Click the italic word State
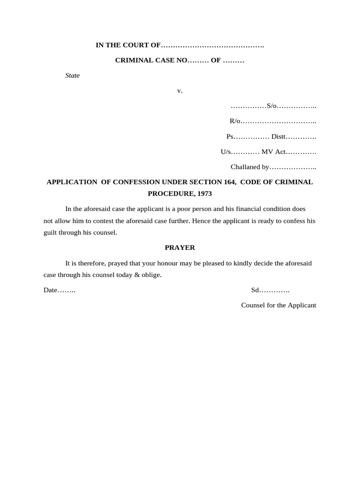[x=72, y=75]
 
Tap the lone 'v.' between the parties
[x=180, y=90]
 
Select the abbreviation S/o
[x=271, y=106]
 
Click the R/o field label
[x=235, y=121]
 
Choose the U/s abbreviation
[x=226, y=152]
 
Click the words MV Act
[x=274, y=152]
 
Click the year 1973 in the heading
[x=204, y=193]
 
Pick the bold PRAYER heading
[x=180, y=247]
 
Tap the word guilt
[x=50, y=232]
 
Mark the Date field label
[x=50, y=290]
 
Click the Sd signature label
[x=255, y=290]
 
